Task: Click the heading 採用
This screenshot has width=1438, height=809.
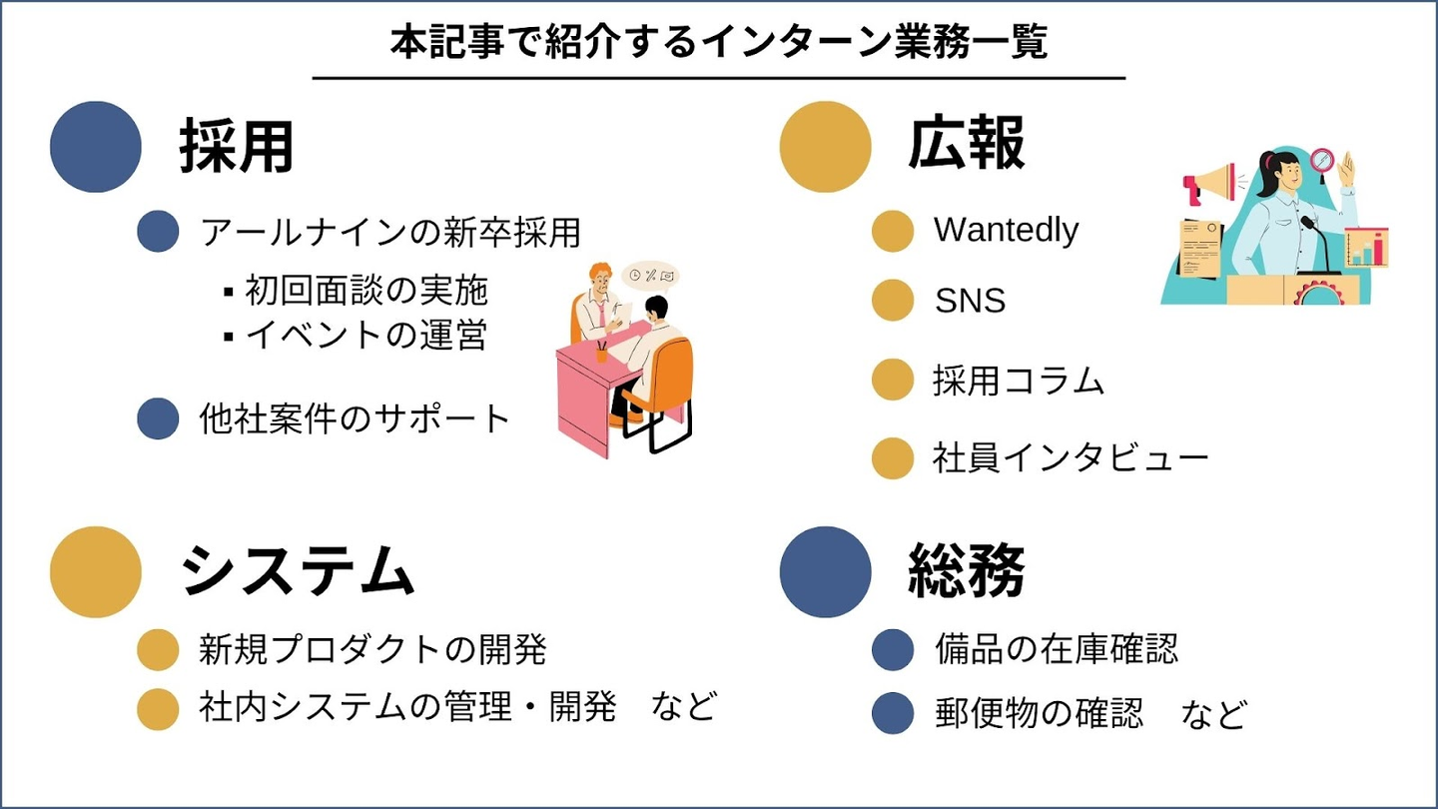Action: [x=237, y=147]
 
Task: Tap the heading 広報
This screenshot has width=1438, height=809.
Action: [x=967, y=143]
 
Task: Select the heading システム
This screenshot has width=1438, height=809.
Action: [x=298, y=571]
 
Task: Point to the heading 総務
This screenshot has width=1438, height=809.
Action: [x=967, y=570]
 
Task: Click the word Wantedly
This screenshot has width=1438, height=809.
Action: [x=1006, y=230]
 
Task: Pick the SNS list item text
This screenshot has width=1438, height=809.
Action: [x=970, y=301]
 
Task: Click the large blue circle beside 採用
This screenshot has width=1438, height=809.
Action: [x=96, y=147]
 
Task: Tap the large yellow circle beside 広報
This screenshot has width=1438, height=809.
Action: [x=826, y=147]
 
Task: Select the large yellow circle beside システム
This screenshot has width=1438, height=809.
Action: [x=96, y=572]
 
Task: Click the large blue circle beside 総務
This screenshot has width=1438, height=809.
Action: [x=826, y=572]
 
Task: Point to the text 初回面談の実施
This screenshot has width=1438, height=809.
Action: [x=366, y=291]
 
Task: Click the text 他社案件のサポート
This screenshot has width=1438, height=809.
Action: [x=355, y=418]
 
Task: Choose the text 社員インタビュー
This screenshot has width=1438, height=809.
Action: [x=1071, y=457]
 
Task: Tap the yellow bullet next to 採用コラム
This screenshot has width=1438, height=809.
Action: [x=893, y=380]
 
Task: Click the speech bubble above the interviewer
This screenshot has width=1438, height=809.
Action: [x=650, y=277]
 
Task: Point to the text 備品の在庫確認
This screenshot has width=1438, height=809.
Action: [x=1057, y=648]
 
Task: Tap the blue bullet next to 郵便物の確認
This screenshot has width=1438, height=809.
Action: [x=893, y=713]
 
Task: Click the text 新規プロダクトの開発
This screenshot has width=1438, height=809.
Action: [x=372, y=649]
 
